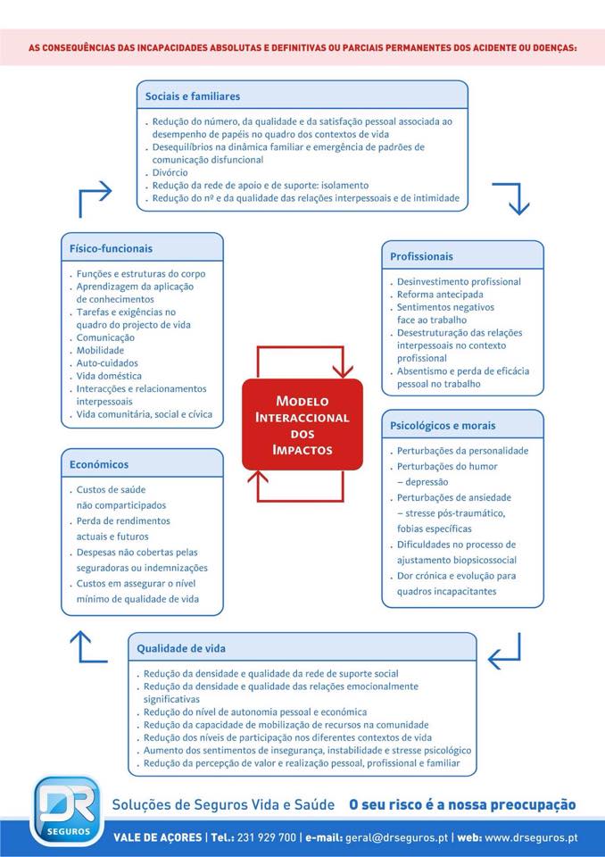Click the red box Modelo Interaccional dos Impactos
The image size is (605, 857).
[302, 425]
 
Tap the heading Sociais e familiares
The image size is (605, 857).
[193, 96]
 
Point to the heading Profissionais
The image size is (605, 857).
[421, 256]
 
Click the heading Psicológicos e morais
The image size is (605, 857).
[443, 426]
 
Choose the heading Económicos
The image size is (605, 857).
[99, 464]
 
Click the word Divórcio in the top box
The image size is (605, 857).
[171, 172]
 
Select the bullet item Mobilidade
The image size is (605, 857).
[100, 351]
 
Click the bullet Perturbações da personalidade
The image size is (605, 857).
[462, 451]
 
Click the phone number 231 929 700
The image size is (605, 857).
[267, 837]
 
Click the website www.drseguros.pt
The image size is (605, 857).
[532, 837]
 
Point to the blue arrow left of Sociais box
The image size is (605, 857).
[95, 198]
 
